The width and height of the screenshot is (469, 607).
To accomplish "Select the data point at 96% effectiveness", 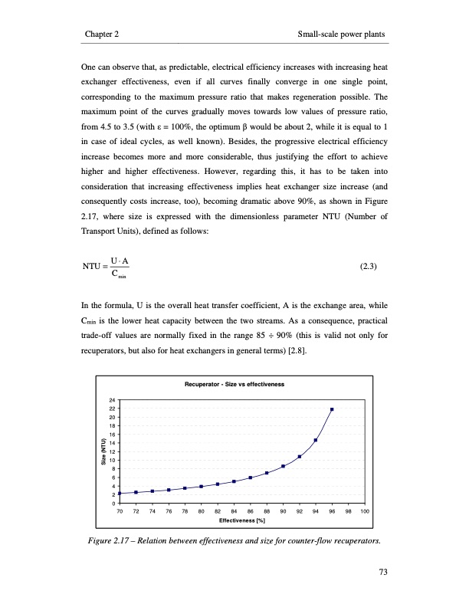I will click(332, 409).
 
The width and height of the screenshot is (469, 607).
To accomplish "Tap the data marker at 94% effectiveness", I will click(316, 440).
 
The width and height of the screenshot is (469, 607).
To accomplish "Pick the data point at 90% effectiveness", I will click(283, 466).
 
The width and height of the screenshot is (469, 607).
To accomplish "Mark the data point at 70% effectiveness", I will click(119, 494).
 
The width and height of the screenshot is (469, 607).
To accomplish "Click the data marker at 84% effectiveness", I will click(234, 482).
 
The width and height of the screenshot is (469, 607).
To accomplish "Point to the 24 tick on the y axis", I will click(112, 401).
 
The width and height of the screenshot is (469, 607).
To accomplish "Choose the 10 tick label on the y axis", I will click(112, 460).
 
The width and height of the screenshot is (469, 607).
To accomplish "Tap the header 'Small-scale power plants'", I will click(340, 35).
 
